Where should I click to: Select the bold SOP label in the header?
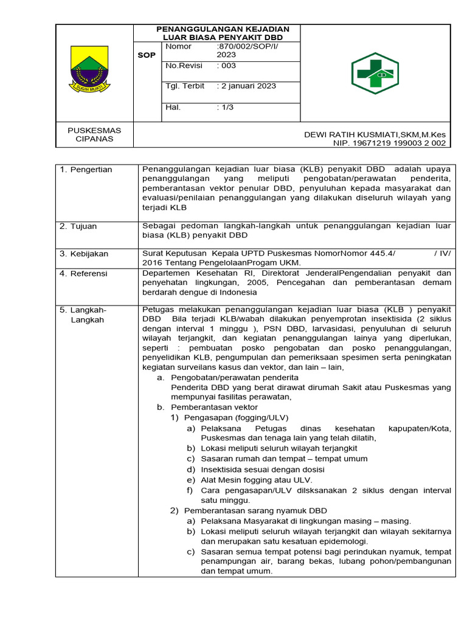[147, 55]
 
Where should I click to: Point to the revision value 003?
[226, 66]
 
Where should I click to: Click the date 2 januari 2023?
[246, 86]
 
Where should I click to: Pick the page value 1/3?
[225, 108]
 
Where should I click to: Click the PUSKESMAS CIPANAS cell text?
[94, 134]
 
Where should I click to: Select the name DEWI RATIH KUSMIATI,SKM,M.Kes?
[375, 134]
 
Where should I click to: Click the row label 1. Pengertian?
[86, 169]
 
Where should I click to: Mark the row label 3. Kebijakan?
[84, 254]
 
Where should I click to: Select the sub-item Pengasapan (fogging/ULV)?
[236, 417]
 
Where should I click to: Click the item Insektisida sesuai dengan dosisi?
[263, 469]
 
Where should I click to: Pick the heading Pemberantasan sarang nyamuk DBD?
[255, 510]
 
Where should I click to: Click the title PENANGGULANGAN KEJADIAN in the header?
[223, 29]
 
